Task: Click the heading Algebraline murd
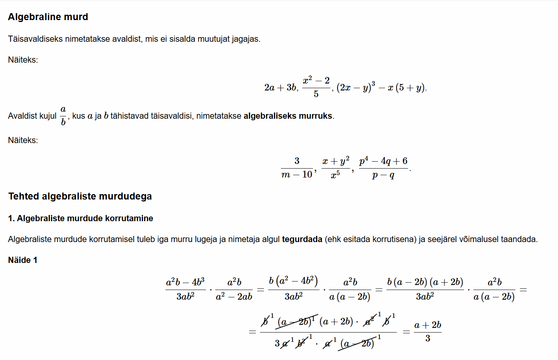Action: (x=48, y=17)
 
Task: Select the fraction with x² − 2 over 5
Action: (x=316, y=87)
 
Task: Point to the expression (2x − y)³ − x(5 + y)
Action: (x=381, y=88)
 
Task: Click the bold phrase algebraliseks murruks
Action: (x=288, y=116)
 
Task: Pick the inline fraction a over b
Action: (x=63, y=116)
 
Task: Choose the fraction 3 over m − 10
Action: (x=297, y=168)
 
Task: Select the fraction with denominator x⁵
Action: (x=335, y=168)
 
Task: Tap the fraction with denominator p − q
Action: (x=383, y=168)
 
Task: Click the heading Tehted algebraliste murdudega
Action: (x=80, y=196)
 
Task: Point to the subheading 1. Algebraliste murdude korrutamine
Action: (x=80, y=218)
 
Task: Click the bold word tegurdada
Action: (x=302, y=239)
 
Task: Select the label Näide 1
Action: (x=23, y=260)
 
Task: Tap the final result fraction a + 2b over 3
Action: (x=427, y=332)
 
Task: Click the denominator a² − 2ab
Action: (x=234, y=297)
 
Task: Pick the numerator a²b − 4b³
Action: (x=185, y=282)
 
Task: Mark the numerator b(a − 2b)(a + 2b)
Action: (x=425, y=282)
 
